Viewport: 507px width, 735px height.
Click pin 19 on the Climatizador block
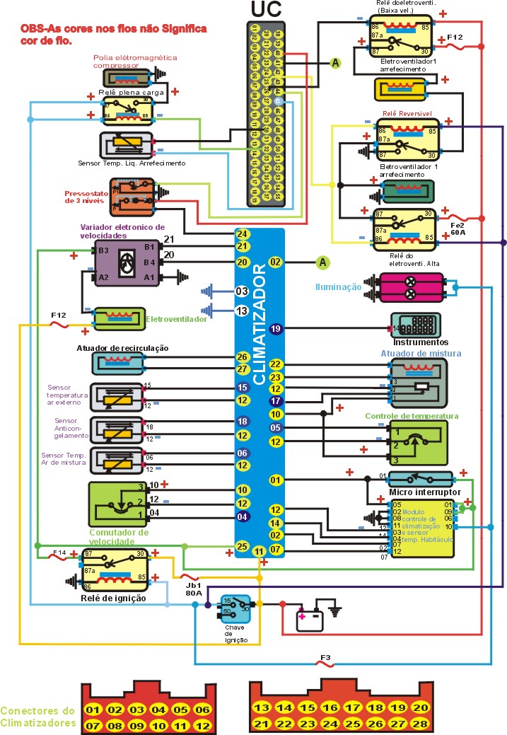click(x=276, y=329)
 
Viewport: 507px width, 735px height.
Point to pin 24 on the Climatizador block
click(x=243, y=234)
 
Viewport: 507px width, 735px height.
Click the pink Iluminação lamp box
click(x=412, y=287)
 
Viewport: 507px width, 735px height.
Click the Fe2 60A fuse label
click(x=458, y=227)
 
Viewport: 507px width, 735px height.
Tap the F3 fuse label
click(x=325, y=658)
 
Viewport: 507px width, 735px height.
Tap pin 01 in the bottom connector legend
click(x=93, y=710)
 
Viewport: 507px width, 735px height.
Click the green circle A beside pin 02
click(x=323, y=262)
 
